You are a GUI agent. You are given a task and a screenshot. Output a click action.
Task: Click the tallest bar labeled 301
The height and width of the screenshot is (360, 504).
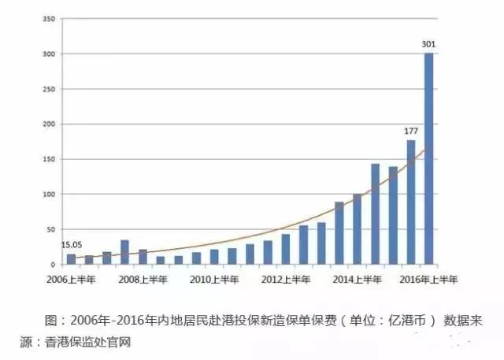[x=428, y=158]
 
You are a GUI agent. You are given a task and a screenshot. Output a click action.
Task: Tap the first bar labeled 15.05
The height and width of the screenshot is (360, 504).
[x=72, y=258]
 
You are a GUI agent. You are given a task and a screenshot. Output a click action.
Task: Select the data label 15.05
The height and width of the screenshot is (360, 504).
[x=71, y=245]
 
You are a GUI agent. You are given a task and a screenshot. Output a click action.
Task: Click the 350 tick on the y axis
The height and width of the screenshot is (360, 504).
[x=47, y=18]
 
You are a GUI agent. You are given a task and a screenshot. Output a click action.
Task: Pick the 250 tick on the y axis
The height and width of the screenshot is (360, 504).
[x=47, y=88]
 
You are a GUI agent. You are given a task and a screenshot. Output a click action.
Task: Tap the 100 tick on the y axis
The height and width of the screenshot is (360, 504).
[x=47, y=194]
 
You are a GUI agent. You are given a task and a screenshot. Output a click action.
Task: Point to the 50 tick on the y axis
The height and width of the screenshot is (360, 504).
[x=50, y=229]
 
